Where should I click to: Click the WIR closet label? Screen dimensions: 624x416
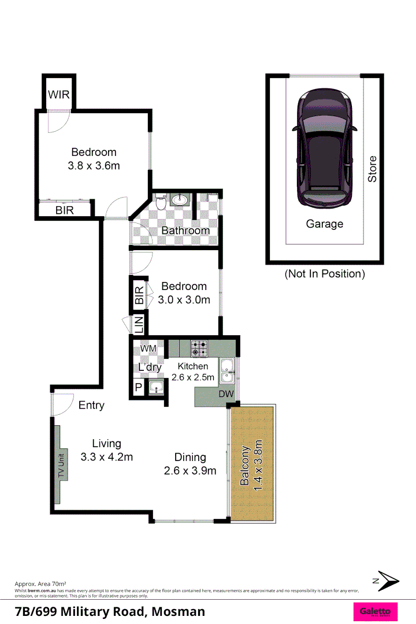[59, 94]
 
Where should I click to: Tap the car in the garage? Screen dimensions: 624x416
[324, 148]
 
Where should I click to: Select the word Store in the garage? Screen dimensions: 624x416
[373, 169]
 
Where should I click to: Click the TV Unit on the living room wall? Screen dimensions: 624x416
[61, 452]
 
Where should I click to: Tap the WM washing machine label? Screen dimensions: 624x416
[148, 348]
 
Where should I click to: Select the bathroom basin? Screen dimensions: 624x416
[179, 200]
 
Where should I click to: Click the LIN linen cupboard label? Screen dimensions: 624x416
[139, 325]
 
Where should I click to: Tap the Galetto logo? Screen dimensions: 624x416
[375, 611]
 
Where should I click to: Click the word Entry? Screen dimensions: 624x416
[91, 405]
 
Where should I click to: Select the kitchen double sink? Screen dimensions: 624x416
[227, 370]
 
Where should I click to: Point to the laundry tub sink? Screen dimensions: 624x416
[155, 388]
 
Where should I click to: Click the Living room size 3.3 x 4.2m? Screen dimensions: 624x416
[107, 457]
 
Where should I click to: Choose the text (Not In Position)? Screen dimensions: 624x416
[324, 274]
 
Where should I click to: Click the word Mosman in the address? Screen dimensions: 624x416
[179, 611]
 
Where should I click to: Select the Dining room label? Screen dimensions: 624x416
[190, 457]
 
